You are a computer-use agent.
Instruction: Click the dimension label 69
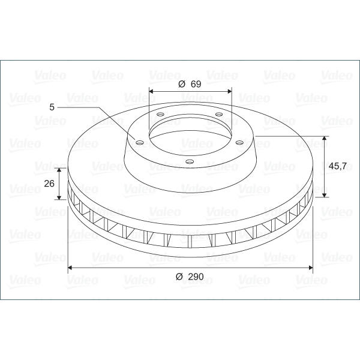coord(196,84)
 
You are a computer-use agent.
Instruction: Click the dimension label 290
coord(196,277)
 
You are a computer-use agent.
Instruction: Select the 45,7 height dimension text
coord(337,166)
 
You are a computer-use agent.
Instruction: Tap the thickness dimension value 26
coord(49,184)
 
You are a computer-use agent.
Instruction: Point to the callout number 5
coord(52,107)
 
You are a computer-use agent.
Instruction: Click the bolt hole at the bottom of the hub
coord(189,162)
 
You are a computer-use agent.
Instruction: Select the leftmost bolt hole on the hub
coord(139,143)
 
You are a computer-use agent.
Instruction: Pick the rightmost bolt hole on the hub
coord(239,143)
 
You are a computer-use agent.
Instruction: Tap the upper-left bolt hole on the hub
coord(160,114)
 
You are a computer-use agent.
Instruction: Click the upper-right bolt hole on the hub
coord(219,114)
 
